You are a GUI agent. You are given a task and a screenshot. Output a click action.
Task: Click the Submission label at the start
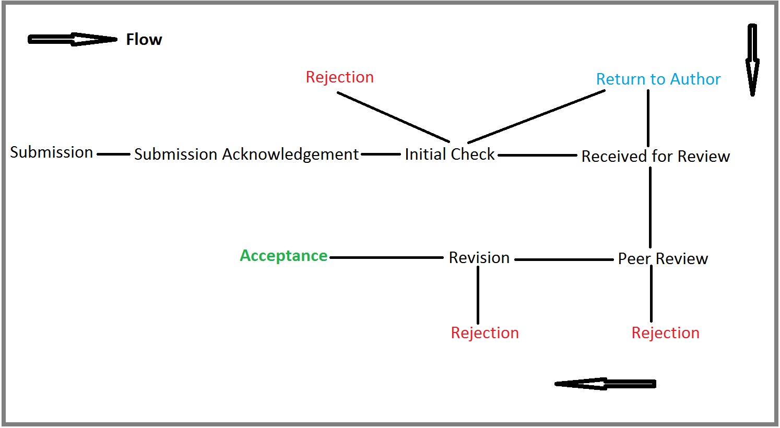click(51, 152)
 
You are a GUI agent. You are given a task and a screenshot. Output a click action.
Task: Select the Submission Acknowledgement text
click(246, 154)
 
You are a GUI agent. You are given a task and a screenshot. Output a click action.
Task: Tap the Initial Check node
click(450, 154)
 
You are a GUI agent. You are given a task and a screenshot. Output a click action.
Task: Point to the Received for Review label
click(655, 156)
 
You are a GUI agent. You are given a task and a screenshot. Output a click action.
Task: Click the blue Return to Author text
click(658, 79)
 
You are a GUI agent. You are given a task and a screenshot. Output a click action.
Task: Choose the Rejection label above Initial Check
click(339, 77)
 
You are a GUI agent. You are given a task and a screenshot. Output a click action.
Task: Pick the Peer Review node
click(663, 259)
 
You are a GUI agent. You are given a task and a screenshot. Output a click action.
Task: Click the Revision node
click(479, 258)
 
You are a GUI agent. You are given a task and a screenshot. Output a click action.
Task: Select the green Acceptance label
click(283, 256)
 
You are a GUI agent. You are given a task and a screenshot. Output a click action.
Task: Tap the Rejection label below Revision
click(484, 333)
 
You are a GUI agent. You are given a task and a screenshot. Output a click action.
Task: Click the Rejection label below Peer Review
click(665, 333)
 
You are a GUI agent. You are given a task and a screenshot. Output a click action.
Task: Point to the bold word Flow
click(144, 40)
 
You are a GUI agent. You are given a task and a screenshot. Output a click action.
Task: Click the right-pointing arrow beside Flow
click(72, 40)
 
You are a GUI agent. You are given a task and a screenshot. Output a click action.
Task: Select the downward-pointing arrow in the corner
click(752, 60)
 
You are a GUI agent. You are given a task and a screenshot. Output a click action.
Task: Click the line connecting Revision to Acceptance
click(386, 257)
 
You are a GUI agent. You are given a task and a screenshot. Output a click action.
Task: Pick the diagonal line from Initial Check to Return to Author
click(536, 116)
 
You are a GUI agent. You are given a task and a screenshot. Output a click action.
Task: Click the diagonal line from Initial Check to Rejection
click(393, 117)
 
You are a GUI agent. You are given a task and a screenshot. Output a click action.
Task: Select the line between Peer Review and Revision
click(564, 259)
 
